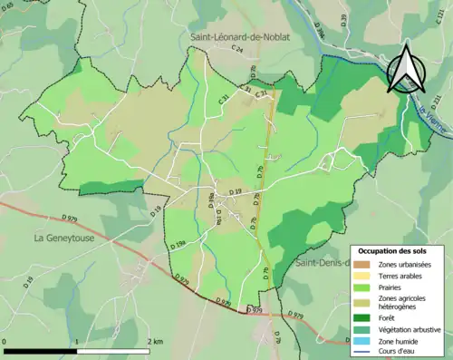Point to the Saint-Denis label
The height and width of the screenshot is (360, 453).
(323, 262)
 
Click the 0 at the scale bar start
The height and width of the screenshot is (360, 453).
(6, 342)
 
